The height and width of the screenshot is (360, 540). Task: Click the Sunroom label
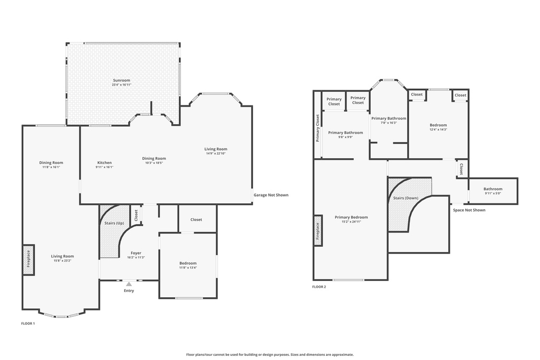point(122,80)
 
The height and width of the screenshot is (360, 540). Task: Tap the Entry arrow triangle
point(129,284)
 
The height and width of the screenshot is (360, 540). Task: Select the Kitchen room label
point(104,162)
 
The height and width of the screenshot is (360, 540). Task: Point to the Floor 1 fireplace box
point(28,260)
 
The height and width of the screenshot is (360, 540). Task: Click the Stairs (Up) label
point(114,223)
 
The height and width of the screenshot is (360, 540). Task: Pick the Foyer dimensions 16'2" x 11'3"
point(136,257)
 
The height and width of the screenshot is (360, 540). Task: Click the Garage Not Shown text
point(271,195)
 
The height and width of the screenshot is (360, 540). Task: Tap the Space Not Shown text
point(469,210)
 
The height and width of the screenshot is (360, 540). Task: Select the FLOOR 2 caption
point(319,287)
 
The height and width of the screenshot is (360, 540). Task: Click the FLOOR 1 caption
point(28,324)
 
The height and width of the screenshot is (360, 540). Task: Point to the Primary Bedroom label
point(351,217)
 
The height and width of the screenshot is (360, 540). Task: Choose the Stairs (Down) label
point(406,198)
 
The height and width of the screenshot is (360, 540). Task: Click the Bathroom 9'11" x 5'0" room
point(493,191)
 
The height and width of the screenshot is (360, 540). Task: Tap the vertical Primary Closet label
point(317,128)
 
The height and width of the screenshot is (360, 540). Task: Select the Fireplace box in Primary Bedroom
point(318,230)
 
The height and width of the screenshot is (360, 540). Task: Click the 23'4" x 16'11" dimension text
point(122,85)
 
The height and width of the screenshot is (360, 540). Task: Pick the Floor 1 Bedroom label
point(188,264)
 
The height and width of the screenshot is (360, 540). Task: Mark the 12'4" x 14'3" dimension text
point(438,130)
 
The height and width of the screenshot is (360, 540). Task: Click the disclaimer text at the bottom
point(270,355)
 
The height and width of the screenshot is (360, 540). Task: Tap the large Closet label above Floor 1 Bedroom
point(196,220)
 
